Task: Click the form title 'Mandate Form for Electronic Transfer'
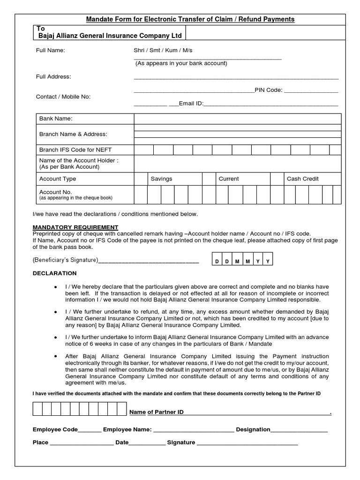coord(190,19)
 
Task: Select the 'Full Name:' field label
coord(51,50)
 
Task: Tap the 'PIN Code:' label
coord(268,90)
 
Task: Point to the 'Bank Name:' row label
coord(56,119)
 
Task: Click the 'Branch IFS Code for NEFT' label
coord(75,150)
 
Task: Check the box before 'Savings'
coord(141,179)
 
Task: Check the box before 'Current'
coord(209,179)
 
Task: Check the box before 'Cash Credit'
coord(277,179)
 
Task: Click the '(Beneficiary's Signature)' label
coord(65,260)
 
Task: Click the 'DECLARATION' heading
coord(54,273)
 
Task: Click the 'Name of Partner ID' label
coord(156,412)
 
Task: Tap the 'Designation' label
coord(253,429)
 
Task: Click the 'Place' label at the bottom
coord(40,442)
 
